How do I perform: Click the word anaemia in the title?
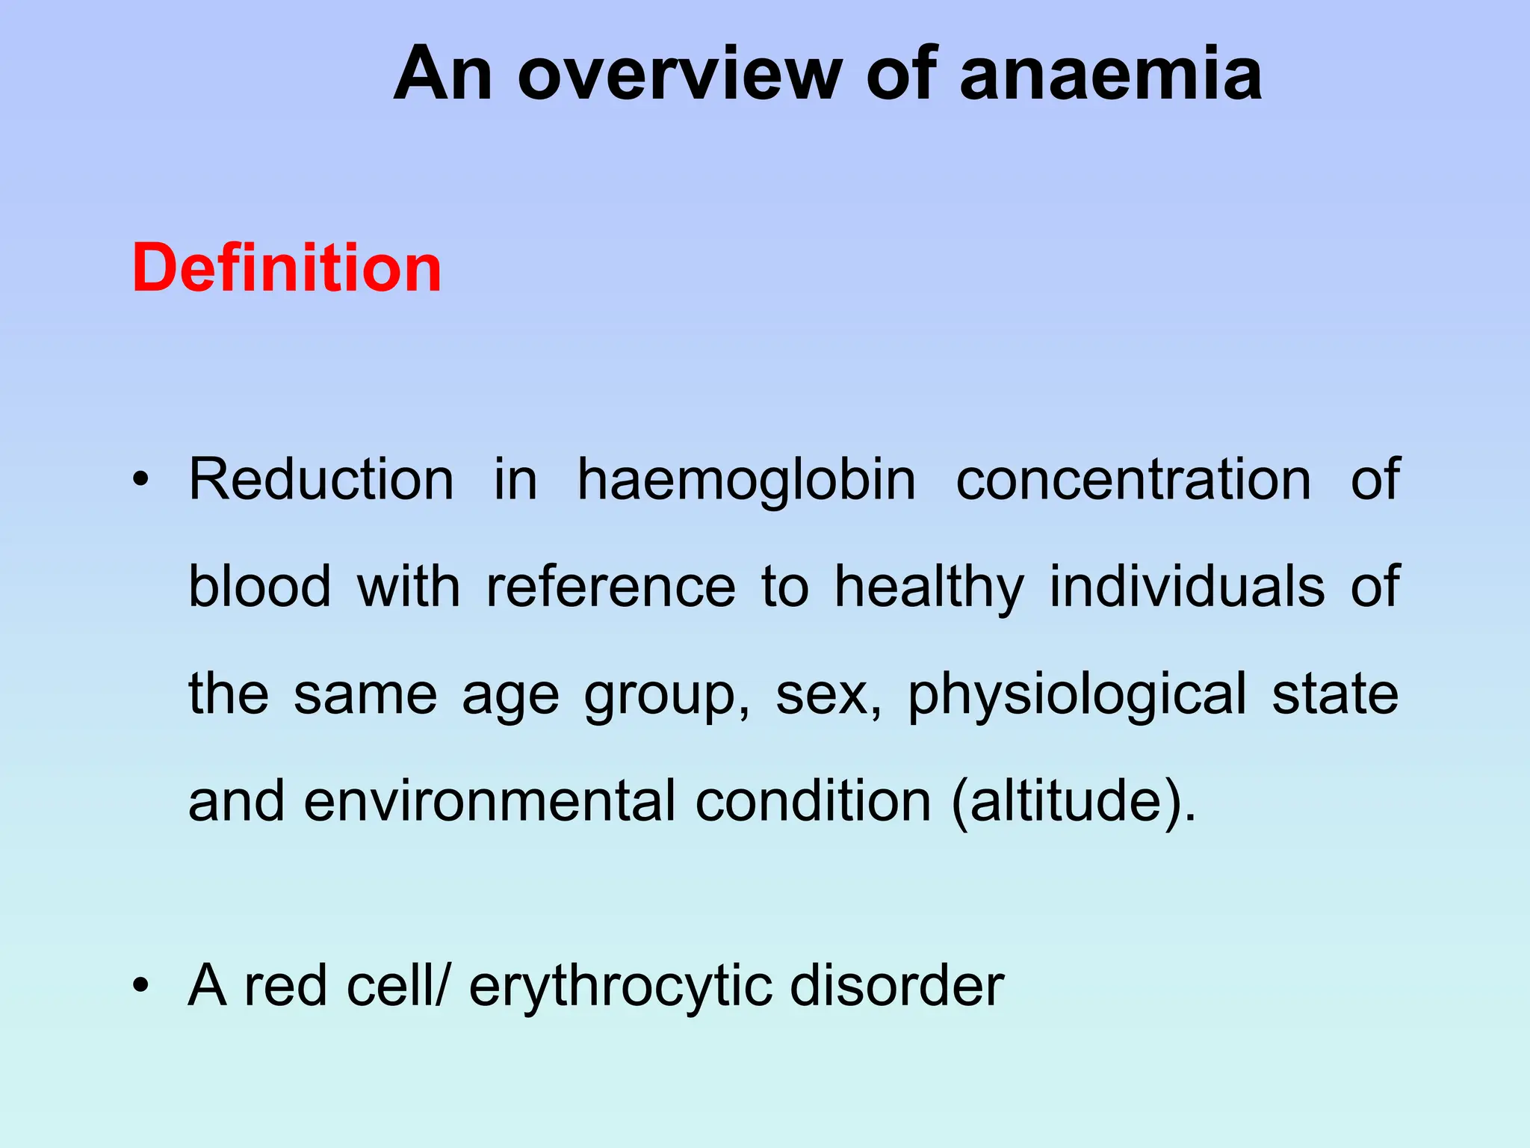click(1110, 74)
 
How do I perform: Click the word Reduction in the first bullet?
click(321, 479)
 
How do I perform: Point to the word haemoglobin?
click(746, 479)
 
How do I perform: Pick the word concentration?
click(1133, 479)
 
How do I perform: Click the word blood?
click(259, 587)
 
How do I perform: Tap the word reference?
click(610, 587)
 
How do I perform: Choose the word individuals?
click(1187, 587)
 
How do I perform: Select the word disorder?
click(896, 985)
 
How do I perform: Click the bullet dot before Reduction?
click(140, 480)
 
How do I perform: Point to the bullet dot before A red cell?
click(140, 986)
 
